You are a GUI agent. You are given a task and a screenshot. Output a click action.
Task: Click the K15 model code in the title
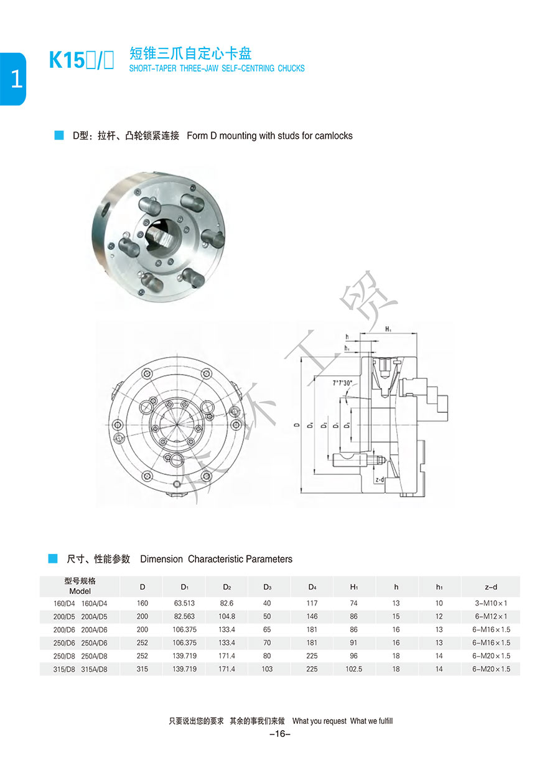click(x=65, y=60)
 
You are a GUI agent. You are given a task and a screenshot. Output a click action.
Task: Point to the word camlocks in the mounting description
click(x=334, y=136)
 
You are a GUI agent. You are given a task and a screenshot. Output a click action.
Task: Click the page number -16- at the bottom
click(x=280, y=734)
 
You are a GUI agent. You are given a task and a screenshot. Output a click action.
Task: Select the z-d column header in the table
click(x=490, y=587)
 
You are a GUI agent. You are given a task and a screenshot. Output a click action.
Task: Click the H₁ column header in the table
click(x=354, y=587)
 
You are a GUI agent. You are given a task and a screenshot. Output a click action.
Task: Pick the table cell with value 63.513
click(x=185, y=603)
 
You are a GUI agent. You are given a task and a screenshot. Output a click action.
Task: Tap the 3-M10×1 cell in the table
click(x=490, y=603)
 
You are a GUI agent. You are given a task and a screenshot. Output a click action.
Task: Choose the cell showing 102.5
click(x=354, y=669)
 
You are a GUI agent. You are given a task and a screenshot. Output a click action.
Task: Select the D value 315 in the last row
click(x=142, y=669)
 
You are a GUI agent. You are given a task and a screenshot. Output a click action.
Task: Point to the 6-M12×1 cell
click(x=490, y=616)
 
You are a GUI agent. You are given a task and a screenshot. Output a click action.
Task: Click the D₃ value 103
click(x=267, y=669)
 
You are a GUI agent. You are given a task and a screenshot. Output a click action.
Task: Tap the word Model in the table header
click(x=80, y=591)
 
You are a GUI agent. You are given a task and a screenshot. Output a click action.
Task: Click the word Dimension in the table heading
click(x=161, y=559)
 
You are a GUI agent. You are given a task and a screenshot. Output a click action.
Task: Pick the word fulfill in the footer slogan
click(x=382, y=721)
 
